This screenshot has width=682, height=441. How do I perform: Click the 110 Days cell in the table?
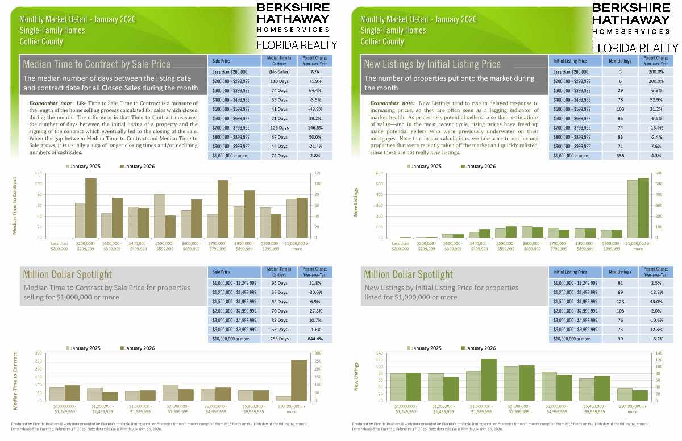click(279, 82)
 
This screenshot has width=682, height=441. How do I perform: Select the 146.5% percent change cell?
click(313, 128)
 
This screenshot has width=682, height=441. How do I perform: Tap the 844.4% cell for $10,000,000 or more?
click(313, 339)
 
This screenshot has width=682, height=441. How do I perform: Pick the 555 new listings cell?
click(619, 156)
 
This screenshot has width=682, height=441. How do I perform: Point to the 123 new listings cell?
click(619, 301)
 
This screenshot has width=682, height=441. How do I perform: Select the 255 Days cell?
click(279, 339)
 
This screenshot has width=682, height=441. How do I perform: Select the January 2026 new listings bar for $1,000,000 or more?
click(643, 207)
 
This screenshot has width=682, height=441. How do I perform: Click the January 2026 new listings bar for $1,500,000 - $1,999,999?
click(488, 379)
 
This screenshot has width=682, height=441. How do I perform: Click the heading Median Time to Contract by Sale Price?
click(97, 64)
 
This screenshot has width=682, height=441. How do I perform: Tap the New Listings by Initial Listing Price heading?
click(433, 64)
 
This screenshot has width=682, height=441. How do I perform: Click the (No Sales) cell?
click(279, 72)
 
